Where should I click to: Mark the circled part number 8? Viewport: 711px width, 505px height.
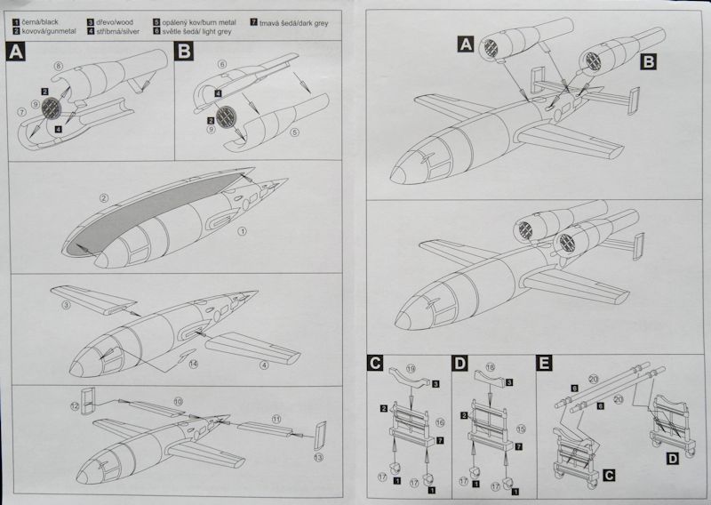[x=58, y=67]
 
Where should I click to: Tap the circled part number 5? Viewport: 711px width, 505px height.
[x=295, y=134]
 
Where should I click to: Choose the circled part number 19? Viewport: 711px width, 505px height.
[x=411, y=366]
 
